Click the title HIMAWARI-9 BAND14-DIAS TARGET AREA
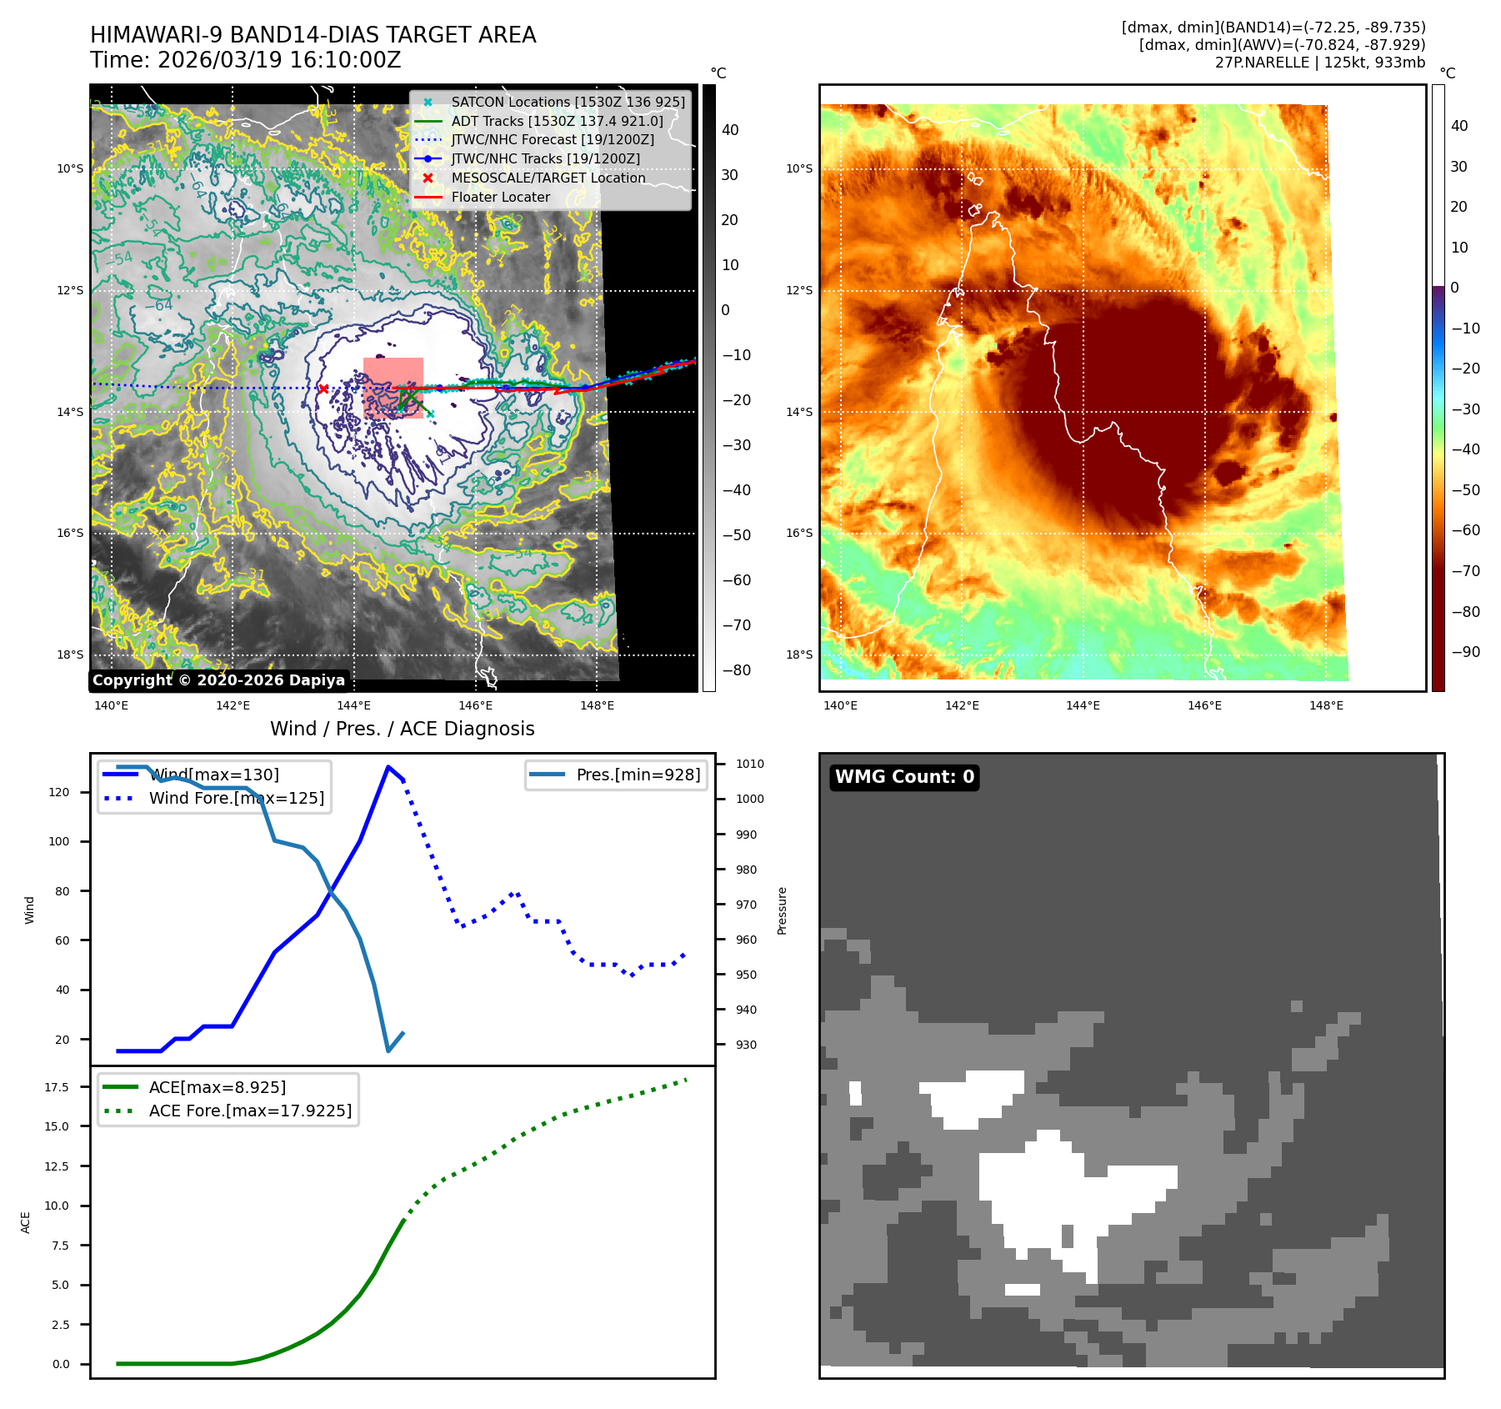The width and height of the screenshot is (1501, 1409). (313, 35)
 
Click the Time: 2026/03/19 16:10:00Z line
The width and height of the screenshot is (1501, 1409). (246, 61)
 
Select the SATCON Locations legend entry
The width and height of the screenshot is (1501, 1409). (568, 102)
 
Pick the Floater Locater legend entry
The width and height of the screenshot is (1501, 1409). (500, 198)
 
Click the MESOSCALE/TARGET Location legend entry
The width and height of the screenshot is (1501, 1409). (548, 178)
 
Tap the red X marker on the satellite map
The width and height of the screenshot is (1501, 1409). (323, 389)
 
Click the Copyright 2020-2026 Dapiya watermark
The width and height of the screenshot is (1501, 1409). (218, 680)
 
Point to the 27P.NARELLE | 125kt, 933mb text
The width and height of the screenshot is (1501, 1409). (1319, 63)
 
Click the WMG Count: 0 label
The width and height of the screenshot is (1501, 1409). (904, 777)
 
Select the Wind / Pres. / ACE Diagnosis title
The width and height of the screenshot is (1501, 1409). (402, 729)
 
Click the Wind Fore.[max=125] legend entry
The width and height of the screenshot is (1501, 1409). (236, 798)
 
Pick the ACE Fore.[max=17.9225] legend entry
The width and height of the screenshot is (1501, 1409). (250, 1111)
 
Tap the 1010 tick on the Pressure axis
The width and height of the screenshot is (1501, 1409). (749, 764)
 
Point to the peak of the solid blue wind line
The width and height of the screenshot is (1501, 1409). (388, 767)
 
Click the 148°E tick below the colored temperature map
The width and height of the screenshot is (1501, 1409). (1326, 706)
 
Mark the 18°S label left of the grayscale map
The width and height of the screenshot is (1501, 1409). (70, 654)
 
